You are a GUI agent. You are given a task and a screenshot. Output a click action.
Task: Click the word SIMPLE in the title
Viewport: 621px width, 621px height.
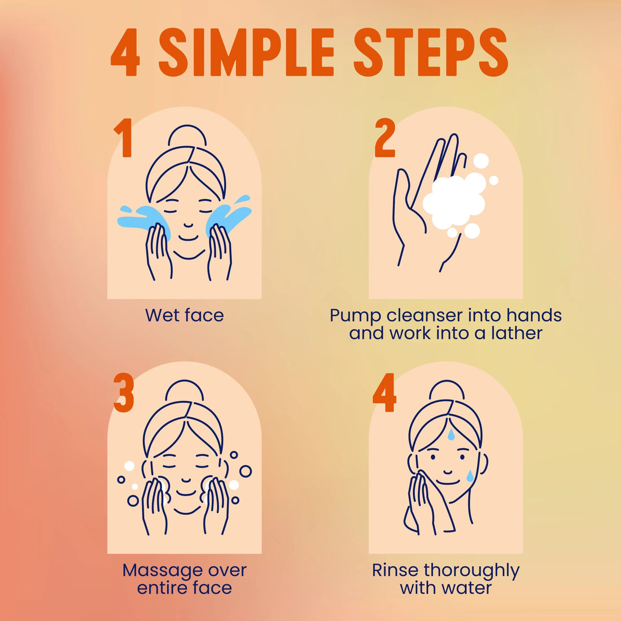(247, 52)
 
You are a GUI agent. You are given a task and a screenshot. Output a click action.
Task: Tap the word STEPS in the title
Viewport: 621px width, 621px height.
(431, 52)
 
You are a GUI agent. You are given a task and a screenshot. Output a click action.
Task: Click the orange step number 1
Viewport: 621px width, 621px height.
(123, 137)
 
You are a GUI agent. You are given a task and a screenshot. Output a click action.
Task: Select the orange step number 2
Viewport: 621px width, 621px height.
(384, 137)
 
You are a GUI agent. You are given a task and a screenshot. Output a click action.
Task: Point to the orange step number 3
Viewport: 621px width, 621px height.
(124, 392)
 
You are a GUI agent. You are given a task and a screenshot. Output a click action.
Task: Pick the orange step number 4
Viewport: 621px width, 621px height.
(384, 392)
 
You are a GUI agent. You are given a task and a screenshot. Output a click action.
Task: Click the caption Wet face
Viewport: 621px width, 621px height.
(185, 315)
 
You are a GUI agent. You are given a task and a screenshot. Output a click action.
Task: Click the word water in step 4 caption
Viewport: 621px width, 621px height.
(468, 588)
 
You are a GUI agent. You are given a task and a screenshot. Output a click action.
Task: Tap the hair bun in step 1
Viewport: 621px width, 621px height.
(187, 137)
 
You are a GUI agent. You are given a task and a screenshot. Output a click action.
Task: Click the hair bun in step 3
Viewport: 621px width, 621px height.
(185, 391)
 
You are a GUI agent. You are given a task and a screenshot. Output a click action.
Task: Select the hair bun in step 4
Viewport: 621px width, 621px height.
(447, 391)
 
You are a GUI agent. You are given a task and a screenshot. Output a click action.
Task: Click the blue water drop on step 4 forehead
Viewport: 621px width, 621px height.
(451, 435)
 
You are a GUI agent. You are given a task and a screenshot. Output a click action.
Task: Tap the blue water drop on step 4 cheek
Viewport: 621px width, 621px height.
(470, 476)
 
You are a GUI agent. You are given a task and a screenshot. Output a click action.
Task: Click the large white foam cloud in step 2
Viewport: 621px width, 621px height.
(454, 201)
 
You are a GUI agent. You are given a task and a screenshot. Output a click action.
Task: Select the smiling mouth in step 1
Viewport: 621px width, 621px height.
(188, 238)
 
